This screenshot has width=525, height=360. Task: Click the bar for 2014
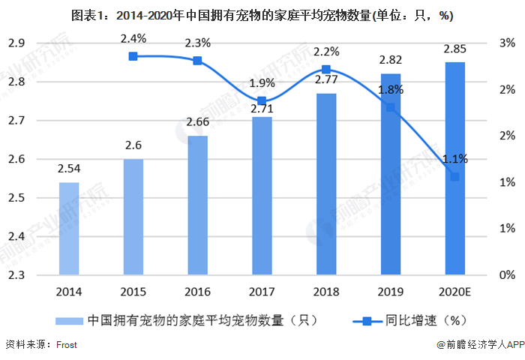68,229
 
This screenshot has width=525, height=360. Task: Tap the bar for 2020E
454,168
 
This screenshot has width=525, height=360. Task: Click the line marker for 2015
133,56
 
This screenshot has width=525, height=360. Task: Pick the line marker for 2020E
454,177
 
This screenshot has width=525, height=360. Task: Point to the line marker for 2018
326,70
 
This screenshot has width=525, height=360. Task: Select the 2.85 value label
454,49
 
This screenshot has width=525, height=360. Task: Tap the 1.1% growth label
454,158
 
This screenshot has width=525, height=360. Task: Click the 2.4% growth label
133,38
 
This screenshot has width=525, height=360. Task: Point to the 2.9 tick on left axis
16,43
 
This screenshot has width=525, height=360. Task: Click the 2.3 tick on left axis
16,275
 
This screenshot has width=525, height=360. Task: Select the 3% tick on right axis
506,43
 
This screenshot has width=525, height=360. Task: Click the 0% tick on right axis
506,275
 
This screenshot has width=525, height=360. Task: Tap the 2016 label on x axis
197,292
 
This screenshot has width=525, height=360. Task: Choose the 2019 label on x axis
390,292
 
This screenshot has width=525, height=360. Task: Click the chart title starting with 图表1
262,15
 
